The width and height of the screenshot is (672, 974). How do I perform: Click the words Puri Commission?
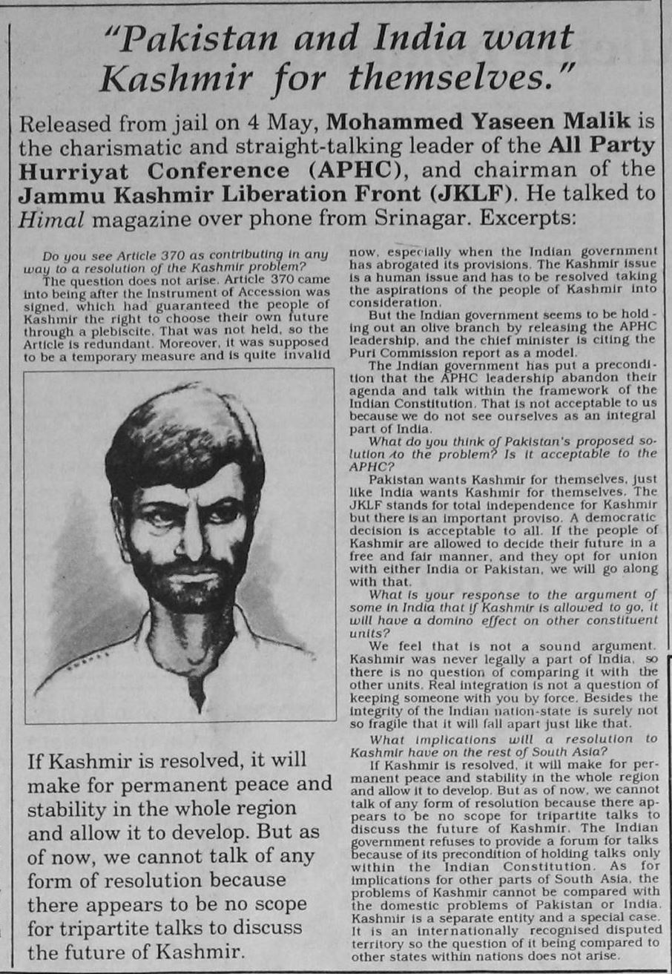[x=402, y=352]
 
